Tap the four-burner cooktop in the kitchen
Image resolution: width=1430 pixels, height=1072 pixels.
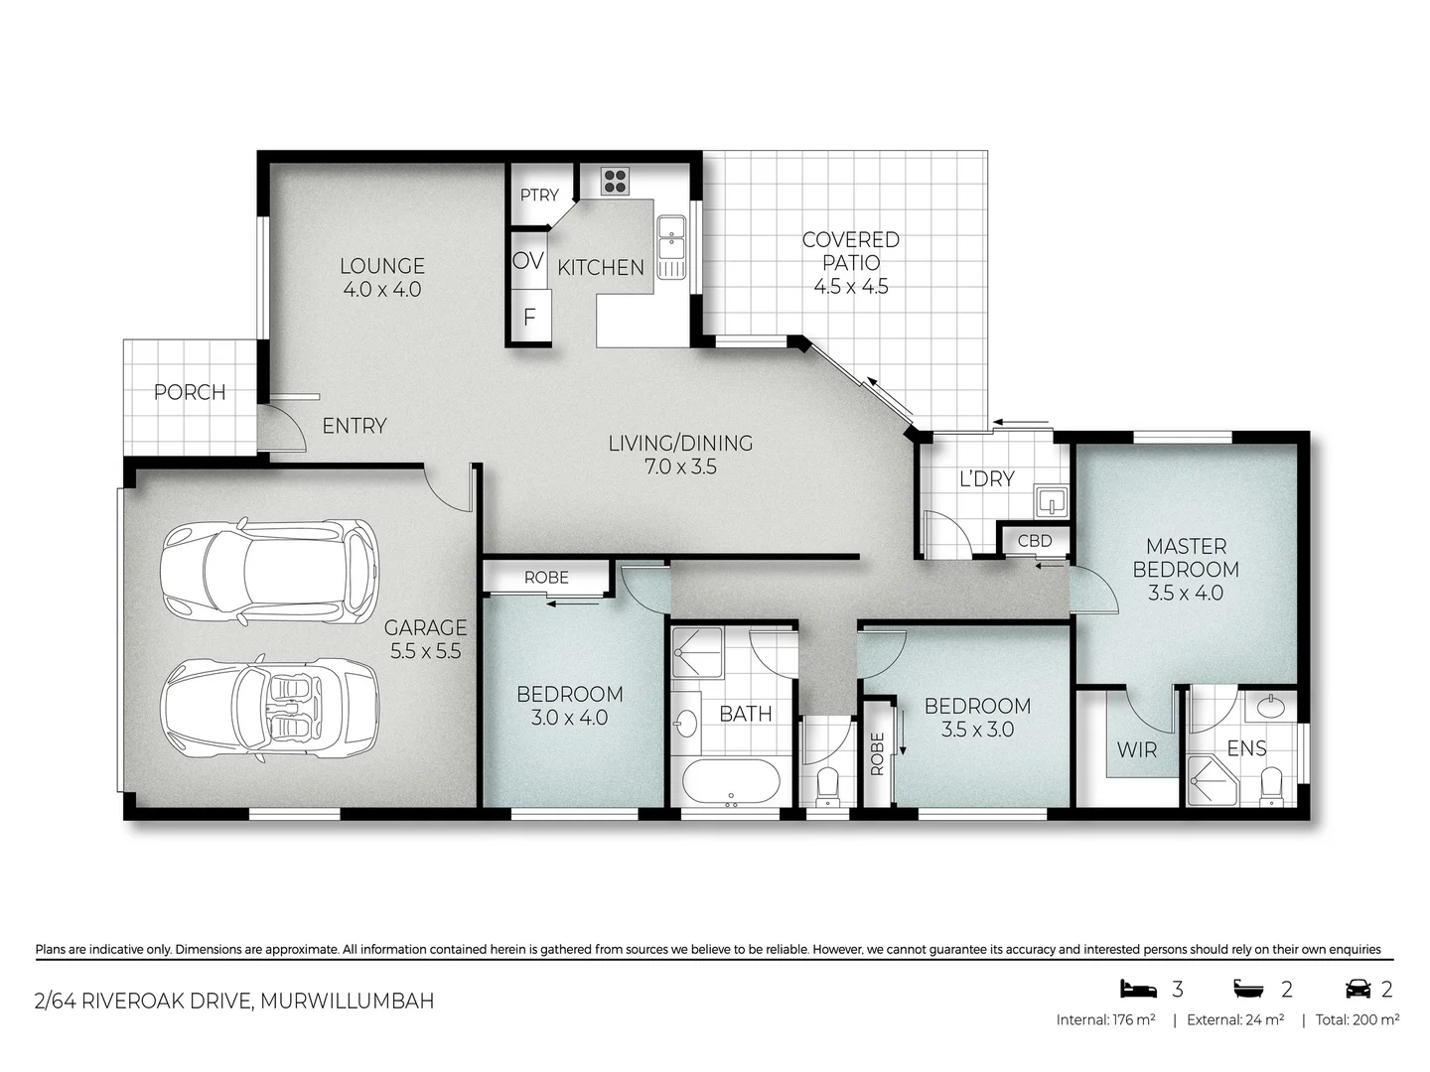pyautogui.click(x=615, y=181)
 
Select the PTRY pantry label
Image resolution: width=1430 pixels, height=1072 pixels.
pyautogui.click(x=539, y=196)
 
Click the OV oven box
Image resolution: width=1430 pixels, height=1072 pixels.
pyautogui.click(x=528, y=260)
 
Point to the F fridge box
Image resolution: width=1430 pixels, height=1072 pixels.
pyautogui.click(x=529, y=318)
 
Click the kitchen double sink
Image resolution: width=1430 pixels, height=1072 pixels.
pyautogui.click(x=672, y=247)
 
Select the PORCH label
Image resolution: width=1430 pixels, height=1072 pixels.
pyautogui.click(x=190, y=392)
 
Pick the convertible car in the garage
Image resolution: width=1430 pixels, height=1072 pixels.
pyautogui.click(x=270, y=709)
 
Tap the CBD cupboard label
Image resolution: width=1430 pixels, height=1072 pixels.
pyautogui.click(x=1035, y=541)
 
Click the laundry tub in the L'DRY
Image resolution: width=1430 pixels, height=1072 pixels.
pyautogui.click(x=1050, y=501)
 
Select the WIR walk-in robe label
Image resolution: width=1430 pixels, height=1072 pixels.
pyautogui.click(x=1137, y=749)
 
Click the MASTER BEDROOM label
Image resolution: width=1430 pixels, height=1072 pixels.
pyautogui.click(x=1186, y=558)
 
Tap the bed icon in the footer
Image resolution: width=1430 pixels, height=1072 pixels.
pyautogui.click(x=1138, y=989)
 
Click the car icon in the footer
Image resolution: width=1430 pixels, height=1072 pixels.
pyautogui.click(x=1358, y=989)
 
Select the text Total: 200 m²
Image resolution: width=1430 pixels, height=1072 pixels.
pyautogui.click(x=1357, y=1019)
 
